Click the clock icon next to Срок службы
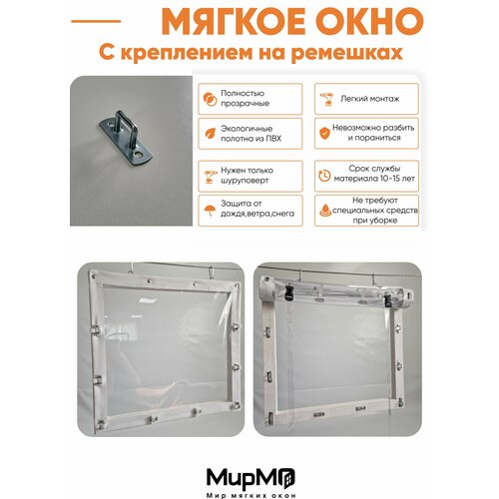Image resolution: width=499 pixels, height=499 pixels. pyautogui.click(x=323, y=174)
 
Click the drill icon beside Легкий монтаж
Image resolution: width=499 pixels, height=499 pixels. pyautogui.click(x=323, y=99)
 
